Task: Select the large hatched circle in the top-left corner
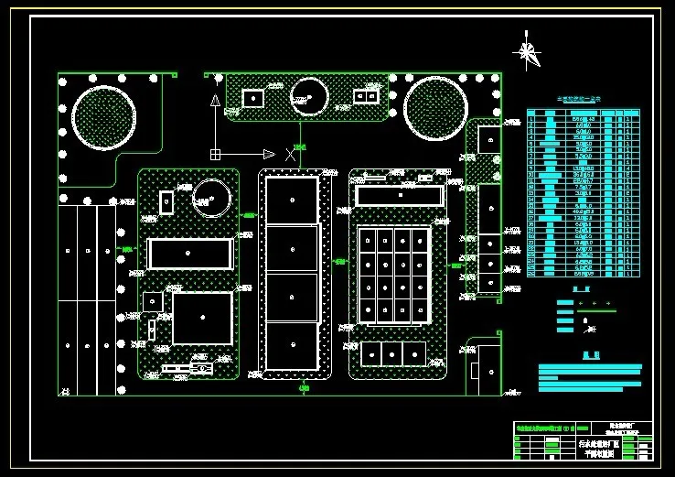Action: pyautogui.click(x=103, y=116)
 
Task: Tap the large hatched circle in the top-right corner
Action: pyautogui.click(x=435, y=107)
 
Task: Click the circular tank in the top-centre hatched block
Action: pyautogui.click(x=309, y=95)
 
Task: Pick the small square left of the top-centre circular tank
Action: pyautogui.click(x=253, y=97)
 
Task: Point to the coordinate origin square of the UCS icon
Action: pyautogui.click(x=215, y=154)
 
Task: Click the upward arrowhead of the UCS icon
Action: pyautogui.click(x=215, y=100)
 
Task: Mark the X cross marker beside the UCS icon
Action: pyautogui.click(x=292, y=154)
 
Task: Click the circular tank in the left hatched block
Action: pyautogui.click(x=210, y=197)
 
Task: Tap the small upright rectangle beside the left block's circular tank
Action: pyautogui.click(x=166, y=201)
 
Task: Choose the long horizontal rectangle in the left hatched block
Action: pyautogui.click(x=189, y=254)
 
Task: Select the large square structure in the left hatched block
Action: pyautogui.click(x=202, y=318)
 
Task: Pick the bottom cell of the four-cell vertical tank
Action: pyautogui.click(x=292, y=345)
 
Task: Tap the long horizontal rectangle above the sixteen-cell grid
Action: pyautogui.click(x=399, y=195)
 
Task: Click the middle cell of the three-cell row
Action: pyautogui.click(x=392, y=352)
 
